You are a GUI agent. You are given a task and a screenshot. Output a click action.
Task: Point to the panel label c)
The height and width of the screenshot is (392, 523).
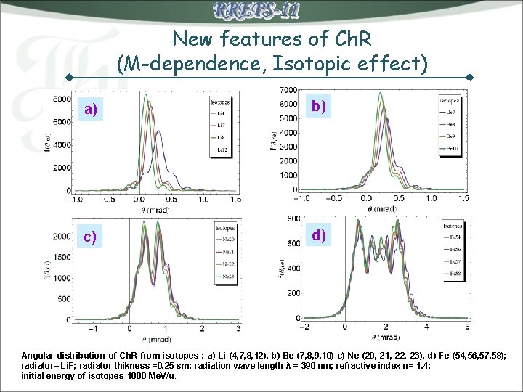point(90,237)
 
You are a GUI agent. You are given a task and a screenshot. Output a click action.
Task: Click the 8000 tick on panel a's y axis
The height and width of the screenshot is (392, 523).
point(62,99)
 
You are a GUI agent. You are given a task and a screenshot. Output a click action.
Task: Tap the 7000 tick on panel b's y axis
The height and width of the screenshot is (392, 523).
point(290,89)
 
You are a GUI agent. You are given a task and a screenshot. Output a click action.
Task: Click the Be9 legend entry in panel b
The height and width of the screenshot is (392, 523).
point(451,136)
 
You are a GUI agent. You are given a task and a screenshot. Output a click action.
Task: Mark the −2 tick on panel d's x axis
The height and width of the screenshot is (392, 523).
point(304,327)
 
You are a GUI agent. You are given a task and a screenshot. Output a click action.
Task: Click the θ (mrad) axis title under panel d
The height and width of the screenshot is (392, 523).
point(387,338)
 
